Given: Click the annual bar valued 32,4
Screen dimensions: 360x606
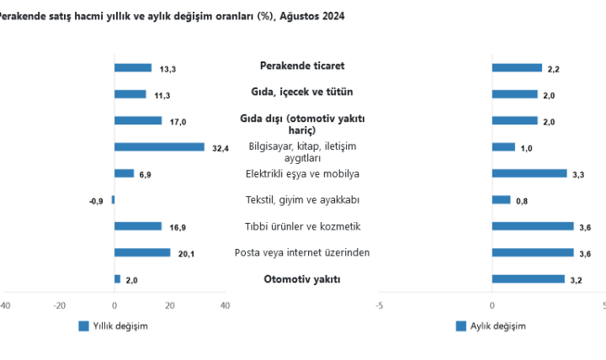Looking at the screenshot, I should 159,147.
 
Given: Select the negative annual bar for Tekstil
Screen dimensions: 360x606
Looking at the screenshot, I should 113,200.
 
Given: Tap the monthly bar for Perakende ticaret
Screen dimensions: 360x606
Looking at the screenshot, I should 517,68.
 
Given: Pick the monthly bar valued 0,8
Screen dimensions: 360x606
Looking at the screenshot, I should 501,200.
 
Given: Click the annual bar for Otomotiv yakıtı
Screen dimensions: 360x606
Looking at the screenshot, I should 117,279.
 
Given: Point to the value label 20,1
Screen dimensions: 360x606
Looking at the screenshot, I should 187,253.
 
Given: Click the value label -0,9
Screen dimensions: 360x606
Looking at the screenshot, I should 96,201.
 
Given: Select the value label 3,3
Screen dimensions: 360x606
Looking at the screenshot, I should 578,174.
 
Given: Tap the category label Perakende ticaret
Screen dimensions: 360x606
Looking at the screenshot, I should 302,65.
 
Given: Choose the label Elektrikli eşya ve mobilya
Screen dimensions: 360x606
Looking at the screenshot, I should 302,174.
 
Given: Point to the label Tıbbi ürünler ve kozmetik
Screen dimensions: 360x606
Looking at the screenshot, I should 302,226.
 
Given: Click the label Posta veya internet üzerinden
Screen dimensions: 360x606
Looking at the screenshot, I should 302,252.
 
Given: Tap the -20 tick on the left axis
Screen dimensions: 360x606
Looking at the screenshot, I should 59,306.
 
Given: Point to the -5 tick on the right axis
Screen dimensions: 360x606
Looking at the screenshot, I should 379,306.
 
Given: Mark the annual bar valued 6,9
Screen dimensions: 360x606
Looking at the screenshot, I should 124,174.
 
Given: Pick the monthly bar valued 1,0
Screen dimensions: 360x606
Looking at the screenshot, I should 503,147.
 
